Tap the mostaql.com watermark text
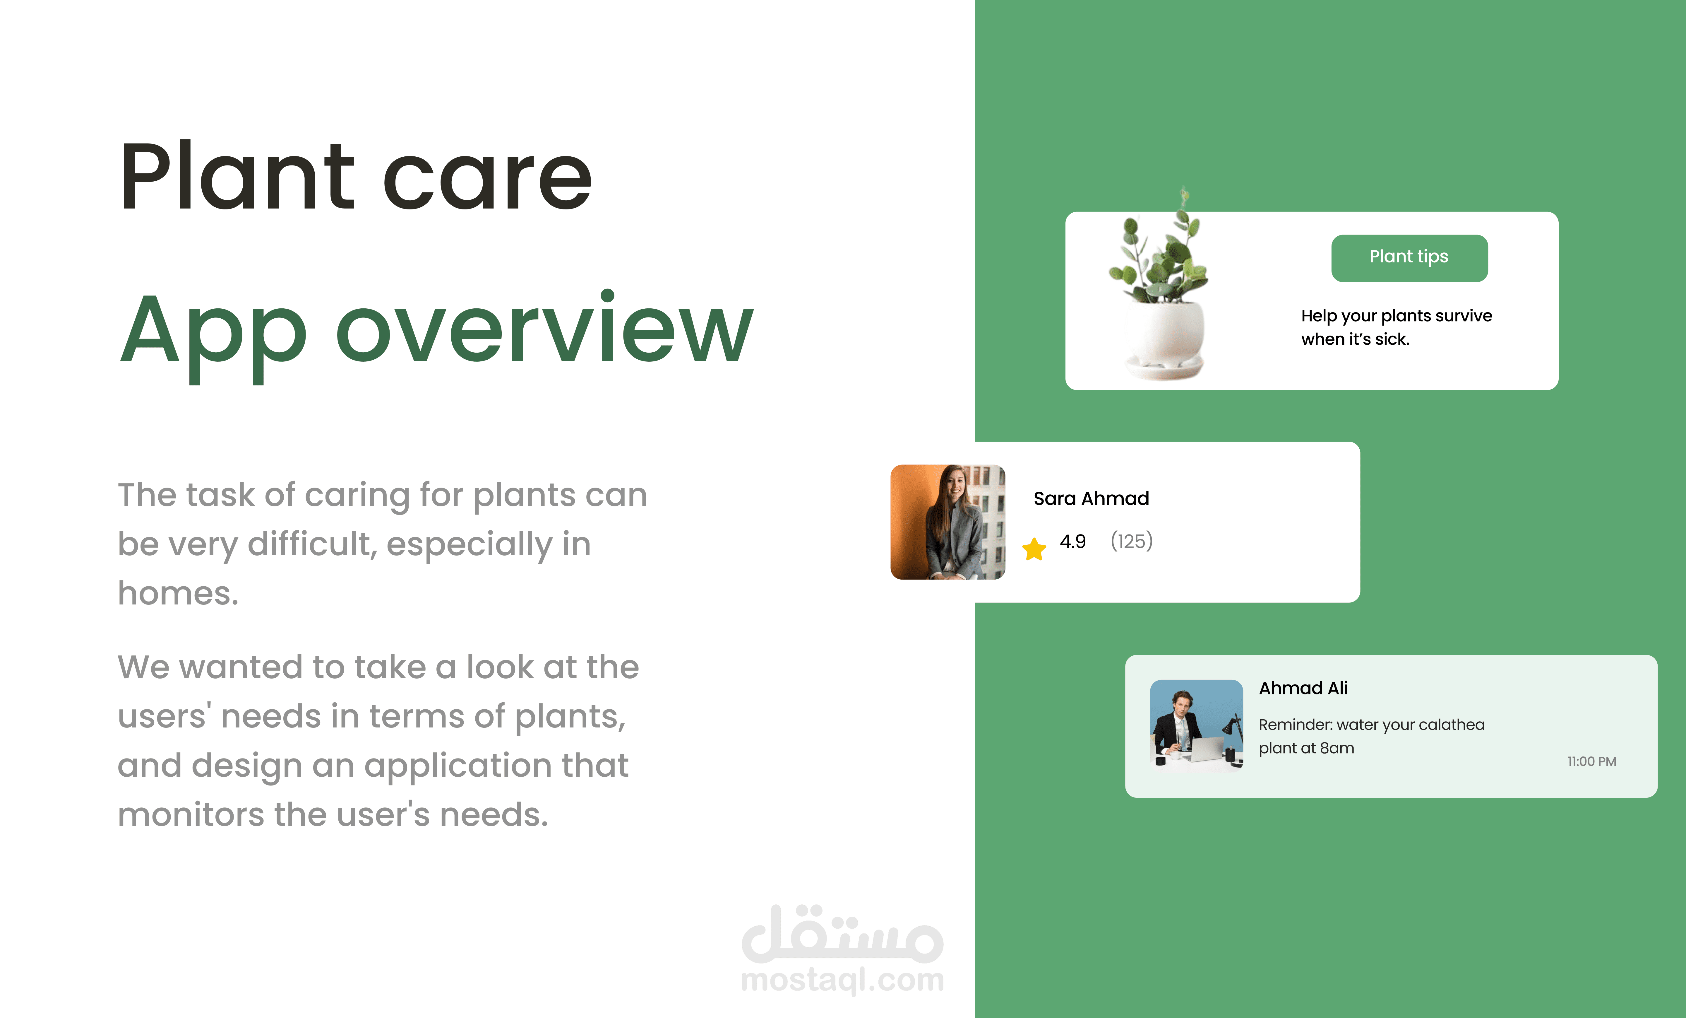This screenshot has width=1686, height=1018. click(x=842, y=980)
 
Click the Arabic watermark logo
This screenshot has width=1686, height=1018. click(x=842, y=932)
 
